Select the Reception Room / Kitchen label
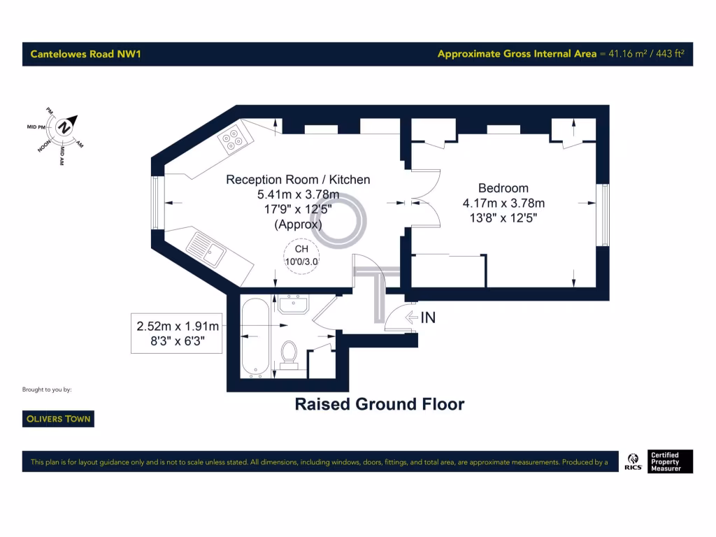point(298,180)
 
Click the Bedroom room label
point(503,188)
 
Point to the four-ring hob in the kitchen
point(233,138)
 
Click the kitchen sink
point(208,250)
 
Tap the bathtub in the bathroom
point(254,337)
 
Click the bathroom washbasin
point(294,303)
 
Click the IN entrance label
point(428,317)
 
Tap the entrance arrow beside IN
point(411,317)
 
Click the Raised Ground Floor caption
point(379,404)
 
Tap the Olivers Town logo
point(58,419)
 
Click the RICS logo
point(634,461)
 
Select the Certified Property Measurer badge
point(671,461)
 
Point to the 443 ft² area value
point(669,54)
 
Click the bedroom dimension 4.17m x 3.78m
point(503,203)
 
